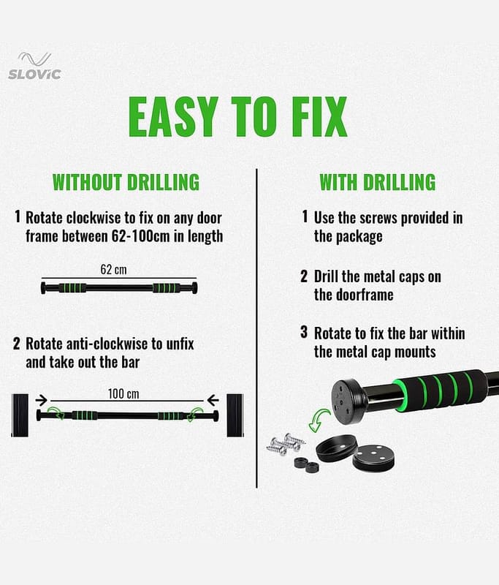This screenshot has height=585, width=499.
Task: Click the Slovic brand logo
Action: click(x=34, y=66)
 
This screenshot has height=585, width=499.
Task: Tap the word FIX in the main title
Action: click(x=320, y=117)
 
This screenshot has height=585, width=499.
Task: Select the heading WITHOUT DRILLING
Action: click(x=126, y=182)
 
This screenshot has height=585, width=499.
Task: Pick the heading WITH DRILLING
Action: click(x=378, y=182)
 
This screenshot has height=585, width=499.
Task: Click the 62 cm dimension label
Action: click(x=114, y=269)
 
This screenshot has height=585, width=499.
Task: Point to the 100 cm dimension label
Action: click(x=123, y=394)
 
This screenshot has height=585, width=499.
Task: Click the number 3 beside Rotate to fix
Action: click(x=304, y=332)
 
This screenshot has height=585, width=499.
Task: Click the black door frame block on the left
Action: click(x=20, y=415)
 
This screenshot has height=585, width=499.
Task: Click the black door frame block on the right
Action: click(x=235, y=415)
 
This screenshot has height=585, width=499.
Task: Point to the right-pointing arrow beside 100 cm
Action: click(x=42, y=400)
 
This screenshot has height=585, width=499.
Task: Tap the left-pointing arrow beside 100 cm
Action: click(x=213, y=400)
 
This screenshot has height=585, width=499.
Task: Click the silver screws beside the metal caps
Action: click(x=286, y=444)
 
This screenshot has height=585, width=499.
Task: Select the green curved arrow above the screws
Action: click(x=319, y=420)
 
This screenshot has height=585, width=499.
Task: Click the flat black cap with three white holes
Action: click(x=373, y=458)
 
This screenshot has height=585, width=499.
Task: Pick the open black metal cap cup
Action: click(x=337, y=448)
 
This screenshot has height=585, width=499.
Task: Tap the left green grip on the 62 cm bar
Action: click(x=72, y=288)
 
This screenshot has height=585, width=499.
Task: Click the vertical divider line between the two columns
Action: click(x=256, y=328)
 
